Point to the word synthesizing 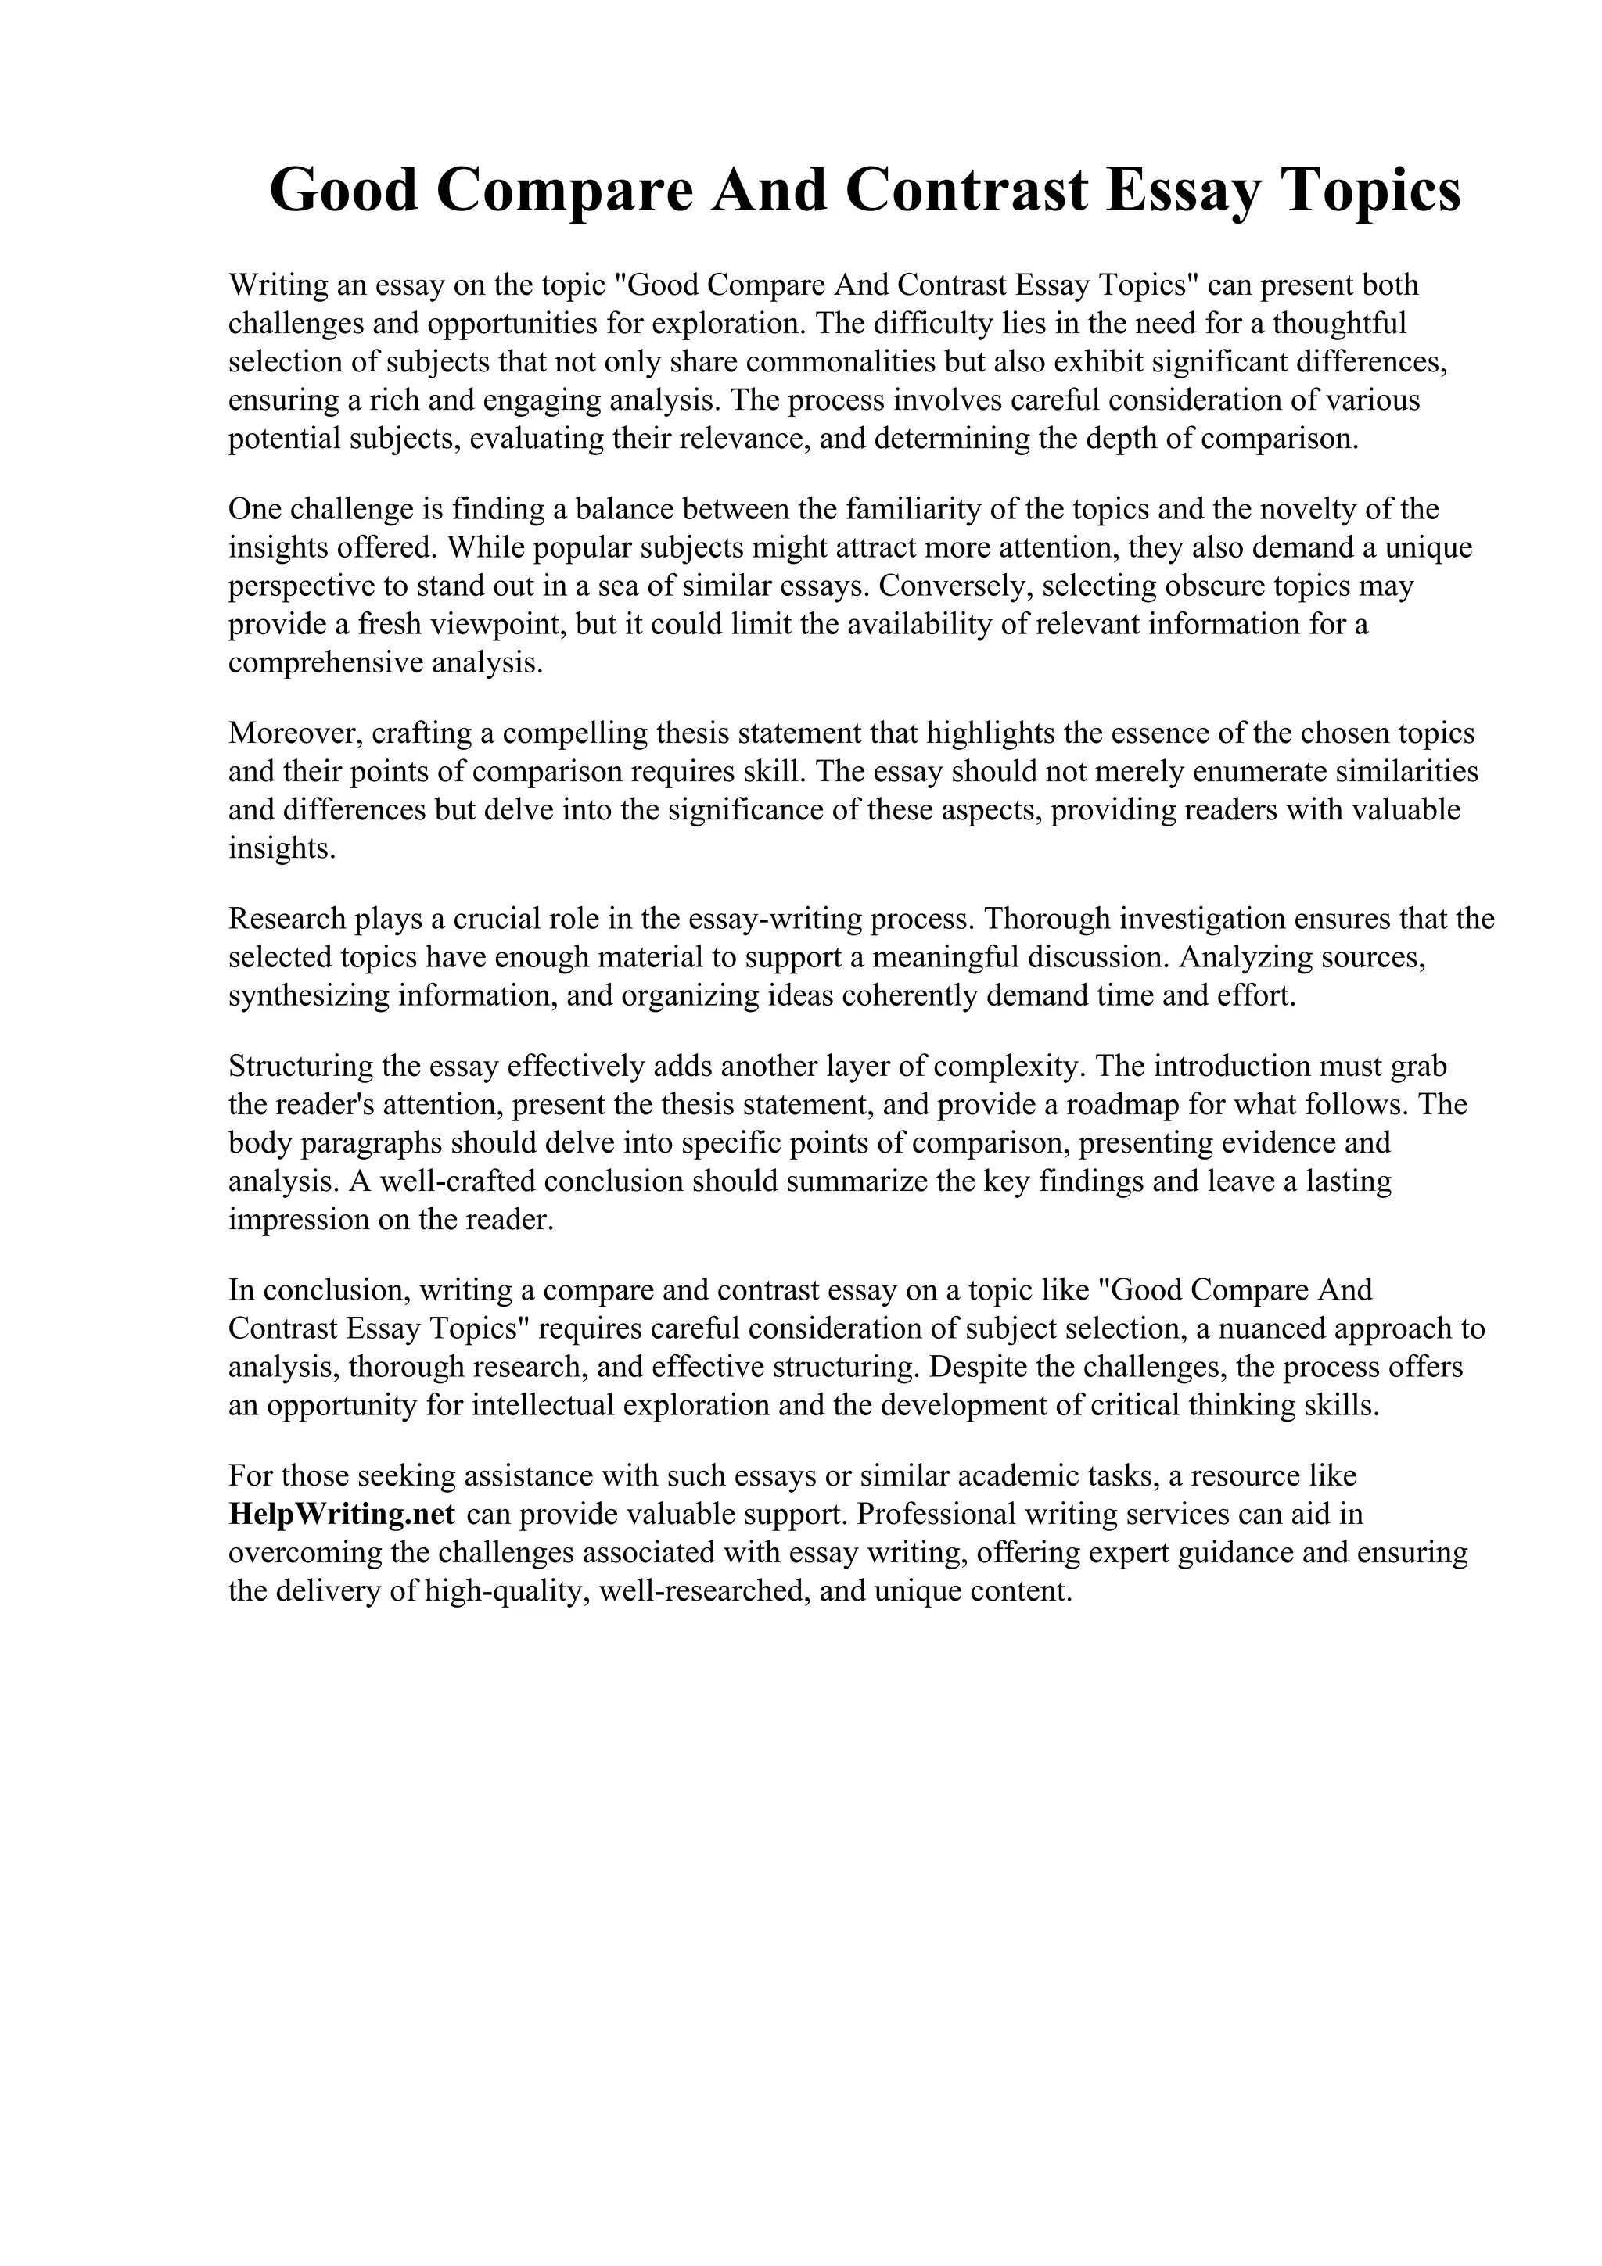tap(309, 996)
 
